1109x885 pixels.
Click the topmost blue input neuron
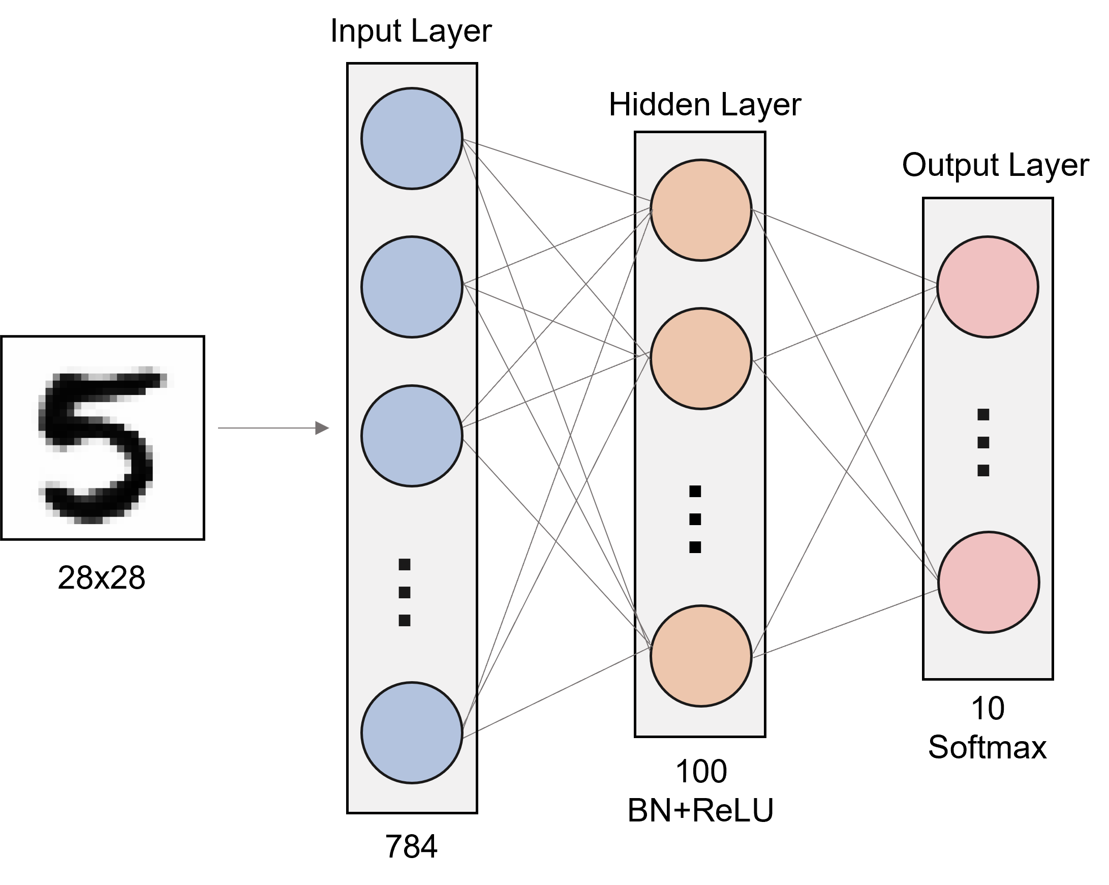(x=412, y=138)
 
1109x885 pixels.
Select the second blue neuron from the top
(x=412, y=287)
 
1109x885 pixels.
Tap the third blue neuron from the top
(x=412, y=436)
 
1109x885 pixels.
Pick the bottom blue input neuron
(x=412, y=733)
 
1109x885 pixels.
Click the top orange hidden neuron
(x=700, y=210)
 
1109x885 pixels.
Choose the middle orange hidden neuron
(x=700, y=359)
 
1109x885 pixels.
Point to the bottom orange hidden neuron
(x=700, y=656)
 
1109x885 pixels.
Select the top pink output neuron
(x=988, y=287)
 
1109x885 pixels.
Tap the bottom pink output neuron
(x=988, y=583)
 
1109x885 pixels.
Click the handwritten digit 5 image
(x=102, y=438)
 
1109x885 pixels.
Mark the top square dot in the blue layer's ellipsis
(x=404, y=564)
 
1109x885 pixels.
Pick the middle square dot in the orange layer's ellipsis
(x=695, y=519)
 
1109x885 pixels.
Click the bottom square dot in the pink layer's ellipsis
(x=983, y=470)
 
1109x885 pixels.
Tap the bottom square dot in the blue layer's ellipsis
(x=404, y=621)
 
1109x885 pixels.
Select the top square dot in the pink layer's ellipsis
(x=983, y=414)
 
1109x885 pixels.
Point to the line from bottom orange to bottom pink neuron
(x=844, y=624)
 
